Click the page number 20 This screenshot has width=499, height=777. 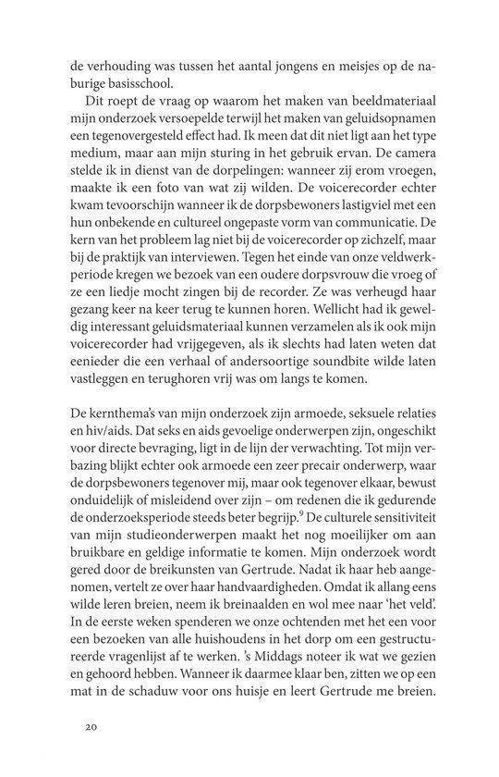coord(91,728)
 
